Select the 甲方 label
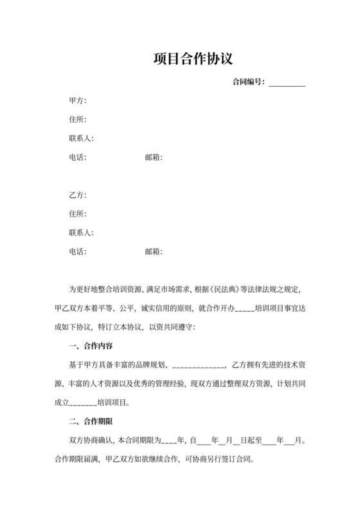click(77, 101)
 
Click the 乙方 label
click(77, 195)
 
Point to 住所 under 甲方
click(77, 120)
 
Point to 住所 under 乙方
click(77, 213)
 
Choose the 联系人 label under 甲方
click(81, 138)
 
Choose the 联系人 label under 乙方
click(81, 232)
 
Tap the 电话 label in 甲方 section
click(77, 157)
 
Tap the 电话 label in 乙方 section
click(77, 251)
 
